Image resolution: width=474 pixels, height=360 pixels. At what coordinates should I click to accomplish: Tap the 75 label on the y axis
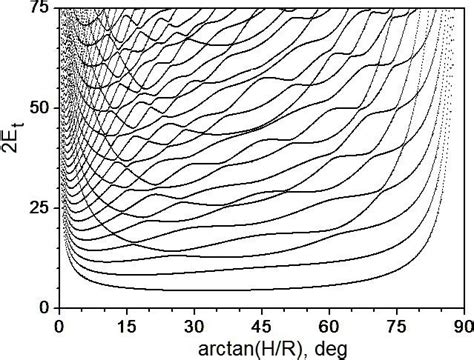click(x=39, y=9)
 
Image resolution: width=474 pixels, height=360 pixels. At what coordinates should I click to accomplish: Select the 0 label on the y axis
click(x=43, y=305)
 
